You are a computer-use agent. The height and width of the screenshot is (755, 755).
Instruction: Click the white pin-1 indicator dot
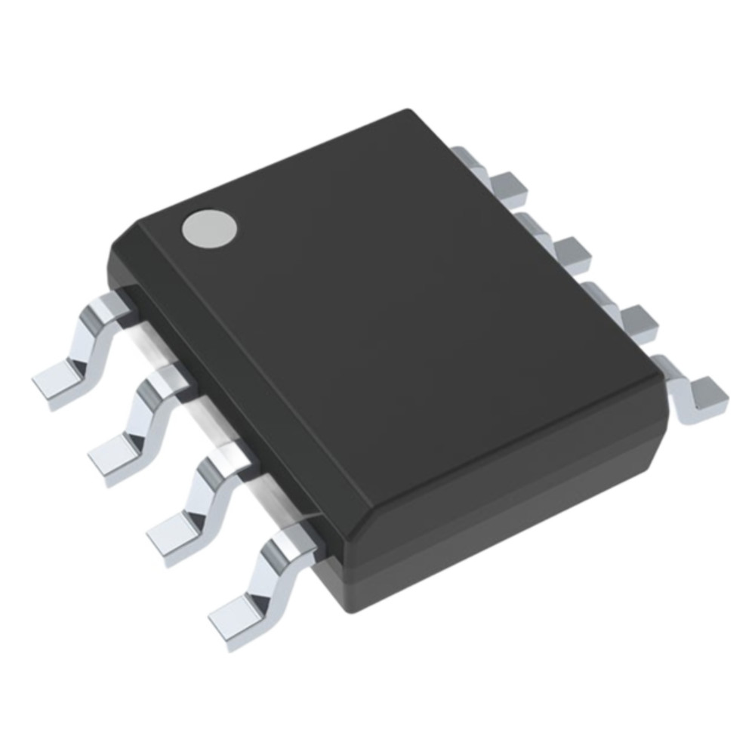coord(209,227)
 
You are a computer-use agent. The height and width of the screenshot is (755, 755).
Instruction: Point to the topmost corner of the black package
coord(411,113)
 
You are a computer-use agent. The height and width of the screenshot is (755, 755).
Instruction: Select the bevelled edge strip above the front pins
coord(226,400)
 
